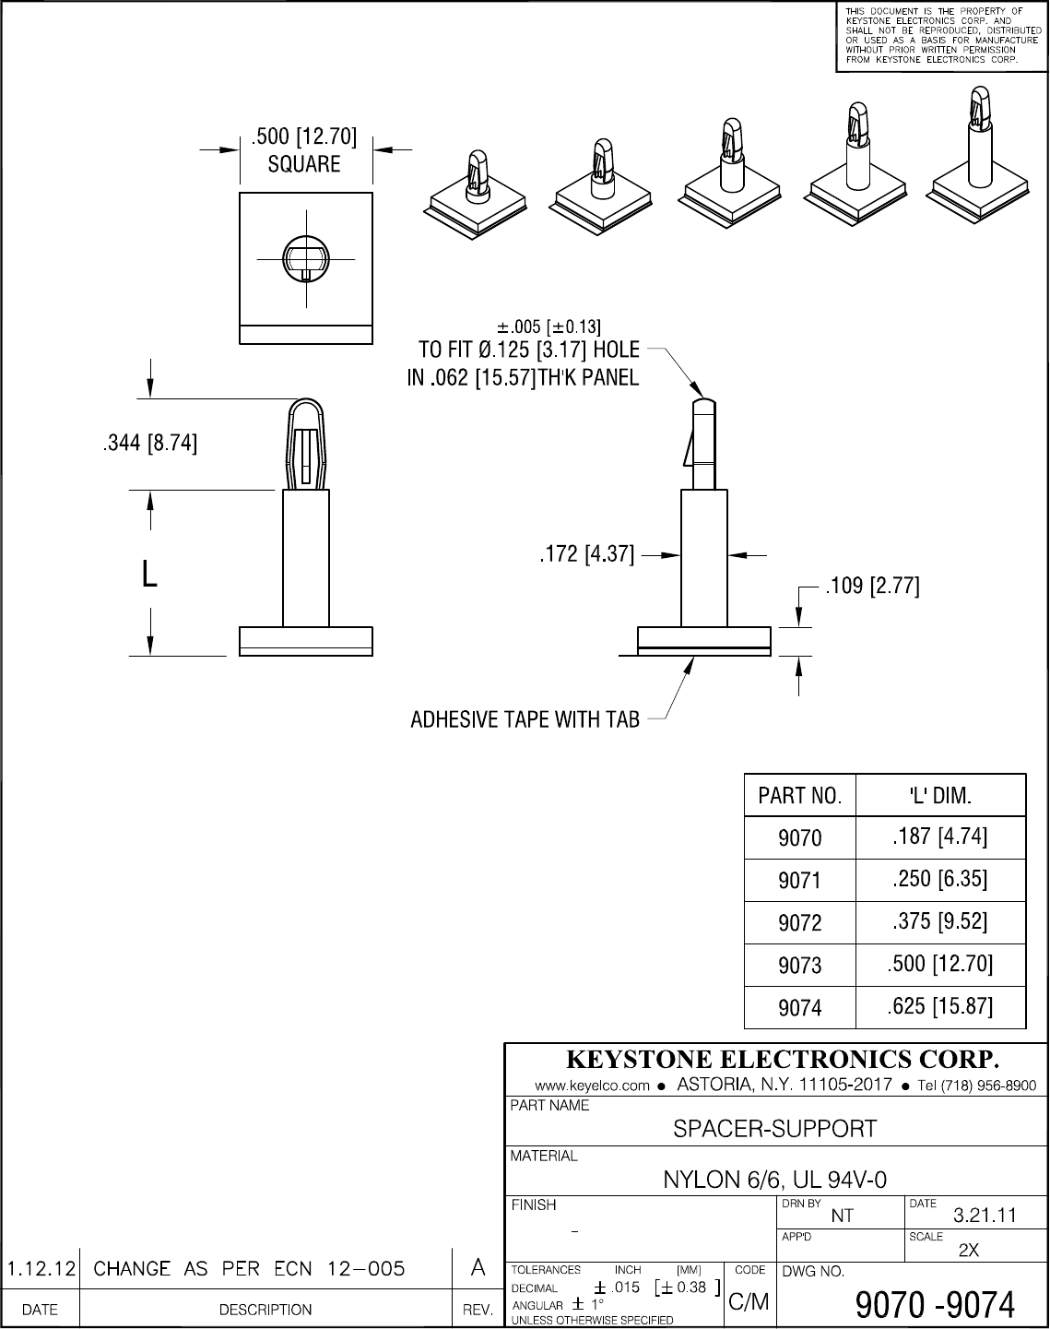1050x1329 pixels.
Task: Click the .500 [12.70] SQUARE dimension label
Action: pos(304,150)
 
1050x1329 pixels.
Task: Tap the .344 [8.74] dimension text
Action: pos(148,444)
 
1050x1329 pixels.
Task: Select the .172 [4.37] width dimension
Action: pos(586,555)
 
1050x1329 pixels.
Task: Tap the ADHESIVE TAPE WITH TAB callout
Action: pos(525,719)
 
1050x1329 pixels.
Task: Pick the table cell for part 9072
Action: pos(799,923)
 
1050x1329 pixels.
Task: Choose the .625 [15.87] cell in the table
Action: pos(939,1006)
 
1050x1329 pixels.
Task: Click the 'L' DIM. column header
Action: pos(940,795)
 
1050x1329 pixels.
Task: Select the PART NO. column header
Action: pos(799,796)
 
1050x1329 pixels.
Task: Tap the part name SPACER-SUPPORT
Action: pos(775,1128)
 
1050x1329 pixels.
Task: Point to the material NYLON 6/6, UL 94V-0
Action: pos(775,1180)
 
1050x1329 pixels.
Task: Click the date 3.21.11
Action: pos(984,1215)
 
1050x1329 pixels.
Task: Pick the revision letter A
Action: pos(478,1268)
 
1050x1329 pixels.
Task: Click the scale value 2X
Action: pos(969,1251)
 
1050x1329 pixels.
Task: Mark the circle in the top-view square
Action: pos(305,257)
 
